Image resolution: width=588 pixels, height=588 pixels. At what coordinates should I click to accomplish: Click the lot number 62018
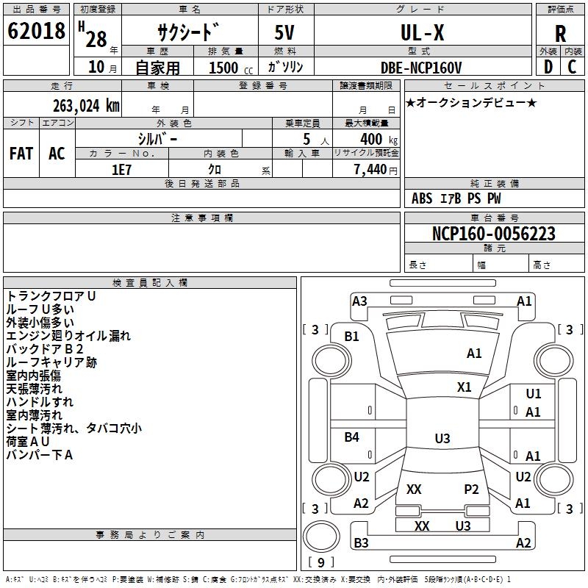coord(36,31)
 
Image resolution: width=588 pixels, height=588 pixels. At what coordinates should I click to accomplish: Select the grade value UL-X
coord(422,32)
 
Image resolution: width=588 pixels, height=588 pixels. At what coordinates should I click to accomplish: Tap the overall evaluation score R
coord(560,34)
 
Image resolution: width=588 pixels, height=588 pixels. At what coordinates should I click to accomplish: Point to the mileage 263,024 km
coord(86,106)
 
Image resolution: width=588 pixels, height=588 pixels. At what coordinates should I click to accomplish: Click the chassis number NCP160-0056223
coord(493,234)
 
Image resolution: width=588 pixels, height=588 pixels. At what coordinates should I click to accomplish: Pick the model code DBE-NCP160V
coord(420,68)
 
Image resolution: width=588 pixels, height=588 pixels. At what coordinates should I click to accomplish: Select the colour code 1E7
coord(121,170)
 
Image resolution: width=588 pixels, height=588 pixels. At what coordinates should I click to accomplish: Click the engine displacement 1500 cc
coord(231,68)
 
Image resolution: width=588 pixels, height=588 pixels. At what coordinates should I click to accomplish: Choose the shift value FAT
coord(21,154)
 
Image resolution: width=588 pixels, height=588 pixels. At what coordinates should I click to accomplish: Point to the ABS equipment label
coord(422,198)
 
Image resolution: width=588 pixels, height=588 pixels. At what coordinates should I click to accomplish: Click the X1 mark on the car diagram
coord(464,387)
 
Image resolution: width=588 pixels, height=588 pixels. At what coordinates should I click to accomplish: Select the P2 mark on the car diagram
coord(471,490)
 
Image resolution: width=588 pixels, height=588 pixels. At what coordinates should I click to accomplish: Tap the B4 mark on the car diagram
coord(352,437)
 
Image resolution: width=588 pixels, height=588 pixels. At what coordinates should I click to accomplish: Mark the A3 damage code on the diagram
coord(359,301)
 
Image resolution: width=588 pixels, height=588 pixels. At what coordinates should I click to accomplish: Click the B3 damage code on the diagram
coord(361,543)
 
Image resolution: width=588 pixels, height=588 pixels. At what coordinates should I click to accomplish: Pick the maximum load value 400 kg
coord(379,140)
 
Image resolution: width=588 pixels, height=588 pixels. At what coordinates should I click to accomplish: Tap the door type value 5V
coord(284,32)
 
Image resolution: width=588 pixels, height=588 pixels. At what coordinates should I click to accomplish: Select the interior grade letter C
coord(572,67)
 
